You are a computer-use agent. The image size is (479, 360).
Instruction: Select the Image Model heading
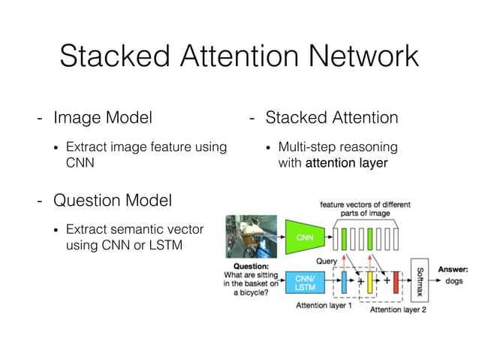tap(103, 118)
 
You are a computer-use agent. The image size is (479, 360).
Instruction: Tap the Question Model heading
tap(113, 201)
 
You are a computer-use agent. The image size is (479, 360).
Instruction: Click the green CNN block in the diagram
tap(305, 237)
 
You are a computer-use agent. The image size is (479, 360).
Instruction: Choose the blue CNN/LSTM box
tap(305, 282)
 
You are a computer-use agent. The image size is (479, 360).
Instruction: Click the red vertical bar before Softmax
tap(396, 283)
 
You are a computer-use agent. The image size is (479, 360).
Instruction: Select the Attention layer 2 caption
tap(399, 309)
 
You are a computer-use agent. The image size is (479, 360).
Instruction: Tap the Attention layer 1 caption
tap(324, 305)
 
